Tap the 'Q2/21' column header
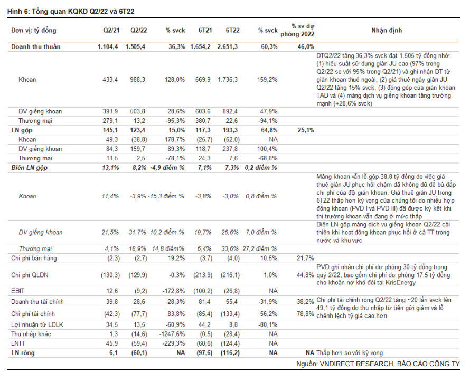point(110,30)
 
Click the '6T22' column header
point(232,30)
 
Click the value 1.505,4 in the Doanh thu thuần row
point(135,47)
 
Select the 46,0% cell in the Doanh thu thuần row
point(306,47)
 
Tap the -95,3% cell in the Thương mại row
point(175,121)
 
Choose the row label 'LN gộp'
point(22,130)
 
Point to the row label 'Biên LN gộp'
point(30,167)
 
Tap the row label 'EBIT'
point(18,291)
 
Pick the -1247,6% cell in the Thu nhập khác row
point(172,334)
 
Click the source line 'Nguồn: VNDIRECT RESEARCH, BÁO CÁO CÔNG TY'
point(377,364)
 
